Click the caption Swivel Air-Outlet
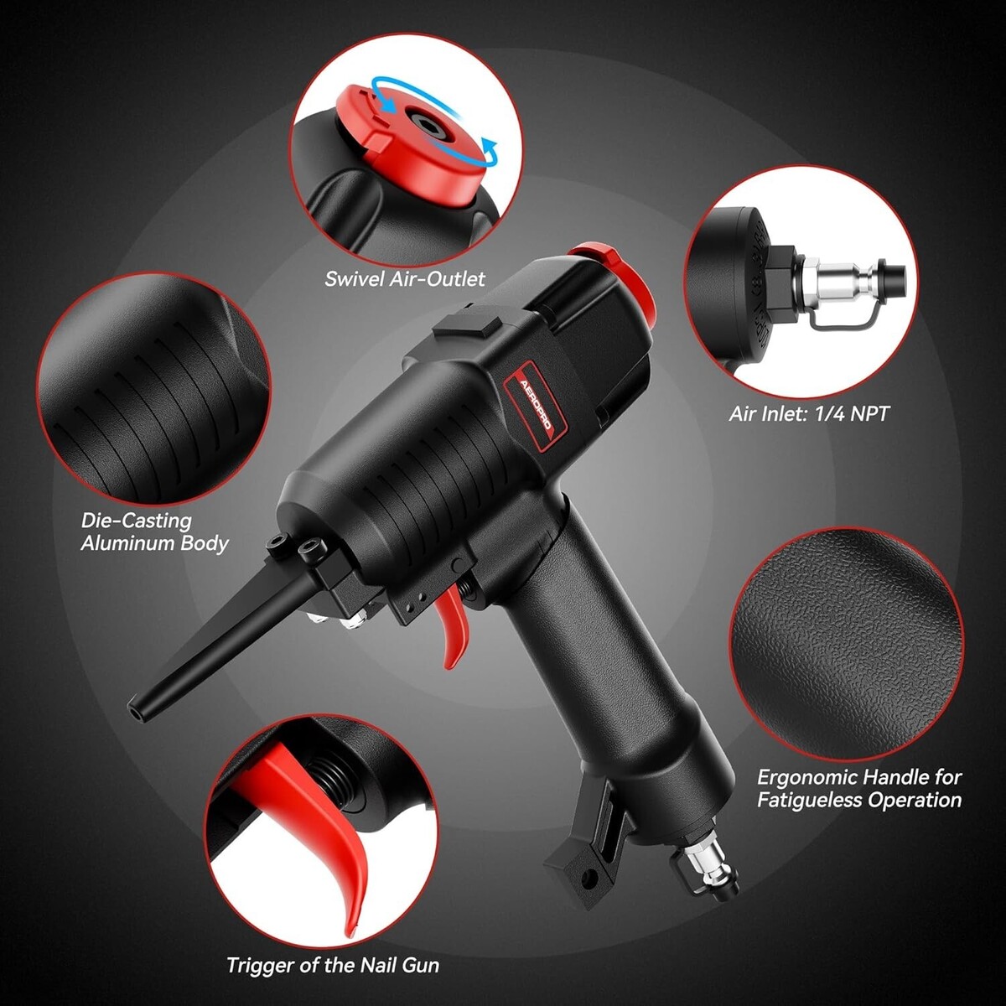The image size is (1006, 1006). [x=405, y=279]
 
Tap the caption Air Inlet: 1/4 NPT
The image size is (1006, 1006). [x=808, y=414]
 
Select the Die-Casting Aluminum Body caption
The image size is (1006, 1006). [x=154, y=532]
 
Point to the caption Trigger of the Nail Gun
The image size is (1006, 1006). [x=333, y=965]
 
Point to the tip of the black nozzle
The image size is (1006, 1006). [x=136, y=711]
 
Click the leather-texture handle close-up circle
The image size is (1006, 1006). [x=846, y=643]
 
